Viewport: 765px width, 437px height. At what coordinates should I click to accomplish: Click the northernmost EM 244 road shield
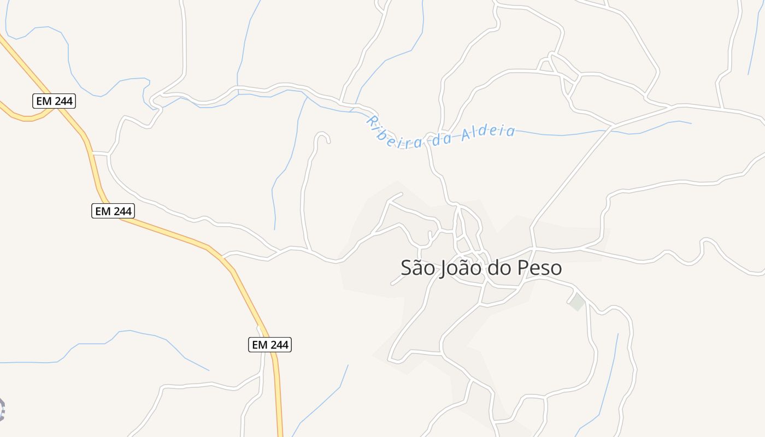click(54, 101)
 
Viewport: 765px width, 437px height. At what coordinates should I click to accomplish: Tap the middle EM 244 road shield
click(113, 211)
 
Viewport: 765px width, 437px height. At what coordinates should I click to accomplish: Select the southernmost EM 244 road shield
click(270, 345)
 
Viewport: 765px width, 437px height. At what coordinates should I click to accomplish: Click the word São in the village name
click(418, 268)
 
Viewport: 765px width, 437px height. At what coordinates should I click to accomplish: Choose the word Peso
click(541, 268)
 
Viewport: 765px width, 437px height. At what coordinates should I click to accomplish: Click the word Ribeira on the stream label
click(393, 134)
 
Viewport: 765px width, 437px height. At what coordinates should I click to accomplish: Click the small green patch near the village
click(577, 302)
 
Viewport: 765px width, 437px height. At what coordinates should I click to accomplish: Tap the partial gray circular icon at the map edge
click(2, 409)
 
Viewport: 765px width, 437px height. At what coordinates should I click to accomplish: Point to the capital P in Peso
click(526, 268)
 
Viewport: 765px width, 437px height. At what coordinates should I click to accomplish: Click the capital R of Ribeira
click(372, 120)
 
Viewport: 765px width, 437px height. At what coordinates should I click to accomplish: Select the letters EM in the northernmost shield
click(43, 101)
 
